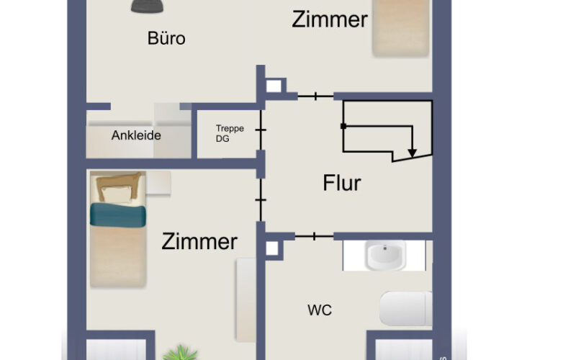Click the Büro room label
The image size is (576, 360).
166,38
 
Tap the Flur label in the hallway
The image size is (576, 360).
341,183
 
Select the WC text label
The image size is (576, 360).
320,310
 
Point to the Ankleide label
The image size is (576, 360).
136,135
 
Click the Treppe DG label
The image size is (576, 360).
230,133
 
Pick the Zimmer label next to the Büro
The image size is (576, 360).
330,19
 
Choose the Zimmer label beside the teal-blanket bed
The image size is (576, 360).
199,241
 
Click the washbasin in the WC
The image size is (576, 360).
385,255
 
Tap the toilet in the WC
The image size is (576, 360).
406,309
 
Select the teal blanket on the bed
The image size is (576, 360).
118,215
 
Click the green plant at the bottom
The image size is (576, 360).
181,354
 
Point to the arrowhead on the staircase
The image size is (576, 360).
412,153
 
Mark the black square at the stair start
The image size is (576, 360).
343,127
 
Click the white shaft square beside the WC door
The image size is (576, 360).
272,248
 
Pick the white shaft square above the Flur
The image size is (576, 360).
274,86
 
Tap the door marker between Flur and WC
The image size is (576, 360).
314,236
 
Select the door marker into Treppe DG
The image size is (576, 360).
261,130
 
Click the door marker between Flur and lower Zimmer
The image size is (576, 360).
261,200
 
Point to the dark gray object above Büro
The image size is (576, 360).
148,6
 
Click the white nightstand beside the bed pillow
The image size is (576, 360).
158,183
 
